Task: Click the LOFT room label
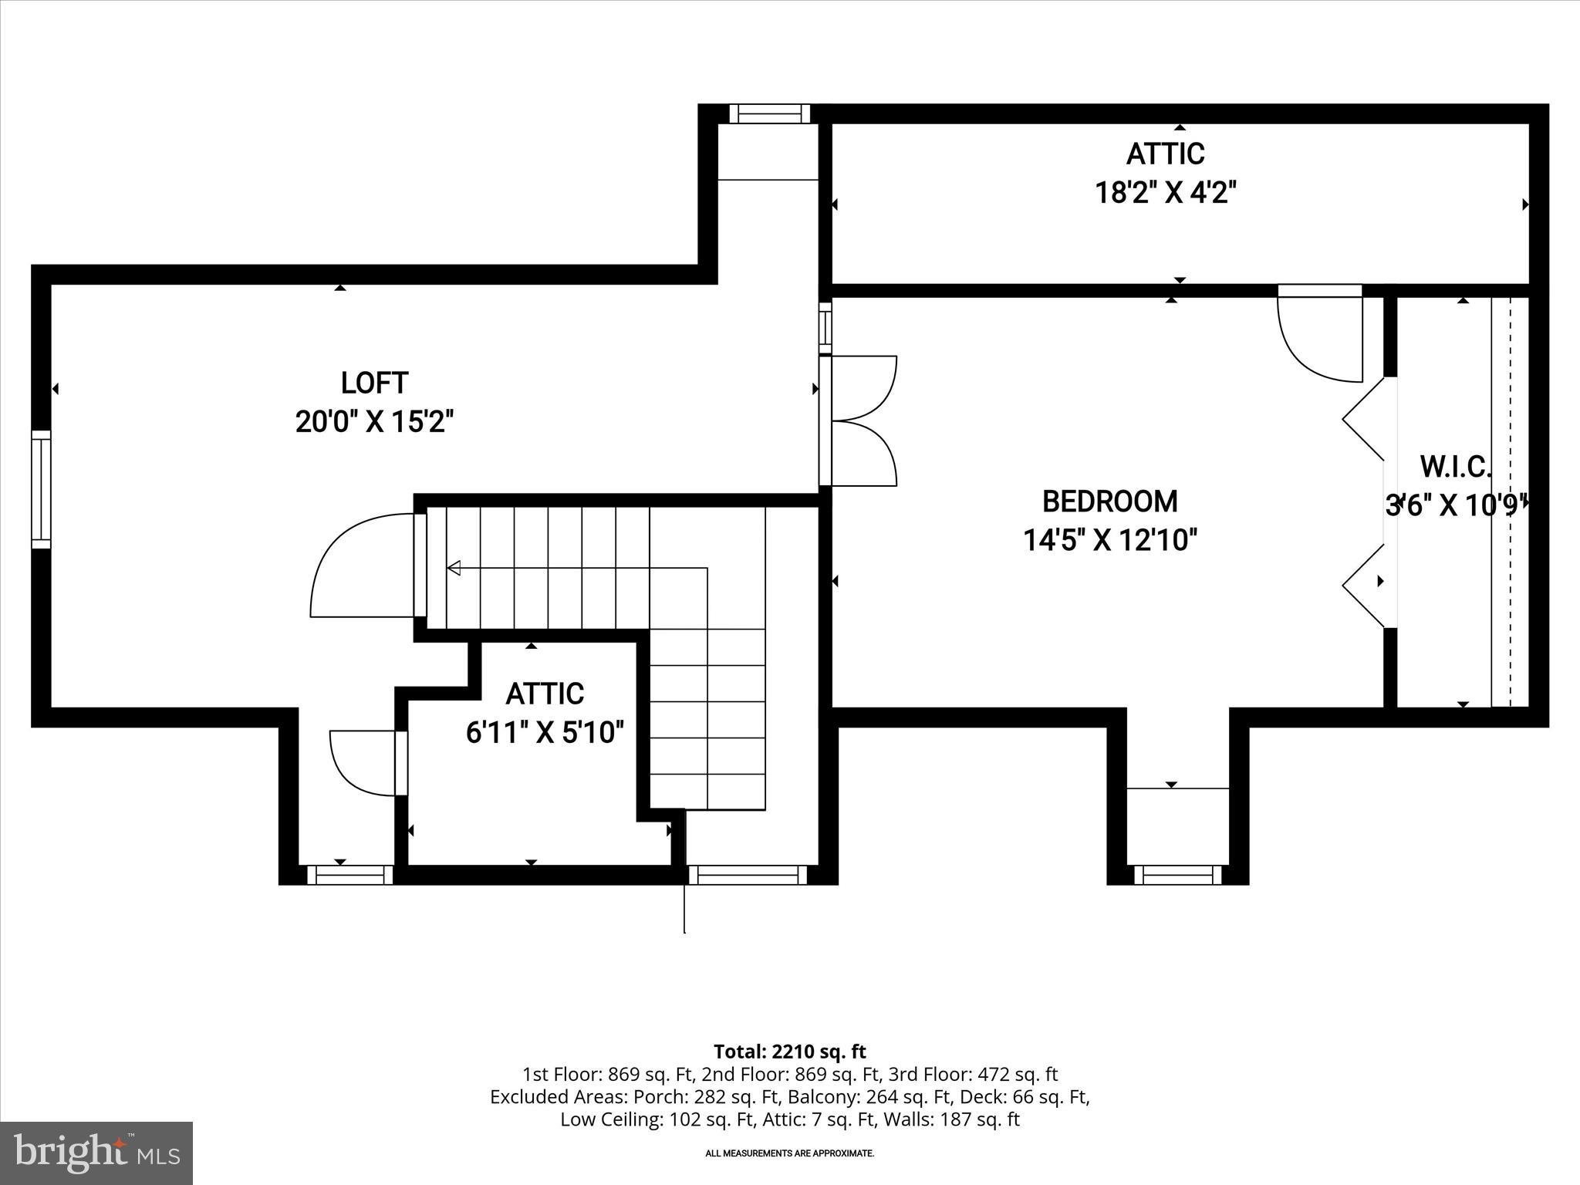click(x=374, y=383)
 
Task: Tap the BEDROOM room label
click(x=1109, y=501)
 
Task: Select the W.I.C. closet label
click(x=1455, y=467)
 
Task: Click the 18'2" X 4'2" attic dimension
click(x=1166, y=192)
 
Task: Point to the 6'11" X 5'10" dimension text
click(x=545, y=732)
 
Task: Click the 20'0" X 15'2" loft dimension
click(x=374, y=422)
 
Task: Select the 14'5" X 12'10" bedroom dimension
click(x=1109, y=540)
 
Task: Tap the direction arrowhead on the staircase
click(x=454, y=568)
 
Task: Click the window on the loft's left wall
click(x=41, y=489)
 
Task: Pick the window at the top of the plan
click(x=769, y=114)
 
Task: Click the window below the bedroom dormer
click(x=1177, y=875)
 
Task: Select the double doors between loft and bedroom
click(x=860, y=420)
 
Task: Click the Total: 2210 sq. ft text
click(x=789, y=1052)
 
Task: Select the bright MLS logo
click(x=96, y=1153)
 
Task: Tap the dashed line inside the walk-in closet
click(x=1510, y=501)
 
